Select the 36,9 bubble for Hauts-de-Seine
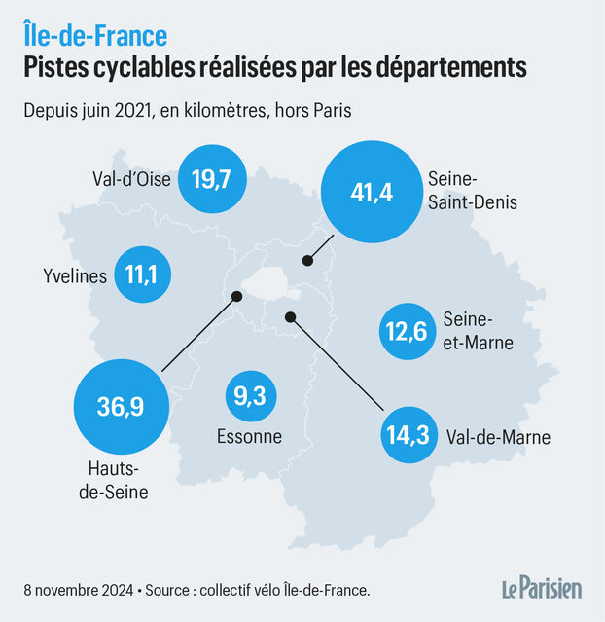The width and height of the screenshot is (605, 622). point(121,405)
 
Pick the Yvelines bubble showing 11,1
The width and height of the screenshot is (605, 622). point(142,275)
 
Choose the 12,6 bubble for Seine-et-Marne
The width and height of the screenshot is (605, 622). point(406,332)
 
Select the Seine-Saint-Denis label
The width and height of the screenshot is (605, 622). point(464,191)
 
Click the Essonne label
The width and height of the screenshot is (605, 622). point(249,437)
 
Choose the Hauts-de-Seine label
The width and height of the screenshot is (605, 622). point(113,482)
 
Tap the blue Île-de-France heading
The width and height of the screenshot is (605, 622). point(95,36)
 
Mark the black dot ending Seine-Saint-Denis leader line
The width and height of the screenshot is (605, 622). point(307,260)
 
